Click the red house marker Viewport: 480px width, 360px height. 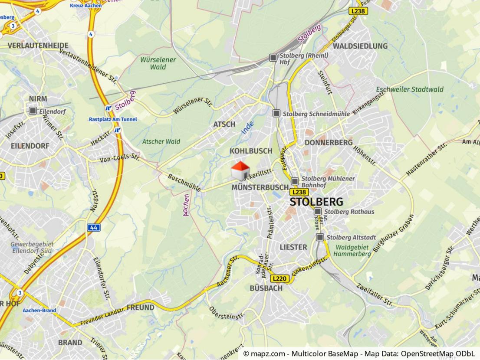tap(240, 171)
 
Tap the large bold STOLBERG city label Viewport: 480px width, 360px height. tap(316, 202)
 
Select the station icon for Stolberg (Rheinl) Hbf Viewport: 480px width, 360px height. tap(273, 57)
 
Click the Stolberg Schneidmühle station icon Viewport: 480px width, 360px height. tap(276, 113)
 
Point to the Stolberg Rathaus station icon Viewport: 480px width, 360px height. tap(318, 211)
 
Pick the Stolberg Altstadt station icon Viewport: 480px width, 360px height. tap(320, 237)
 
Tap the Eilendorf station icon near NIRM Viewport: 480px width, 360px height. tap(33, 111)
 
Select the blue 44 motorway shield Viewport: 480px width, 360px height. tap(94, 227)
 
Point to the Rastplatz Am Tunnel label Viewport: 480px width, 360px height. tap(113, 119)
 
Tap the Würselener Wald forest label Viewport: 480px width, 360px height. tap(158, 63)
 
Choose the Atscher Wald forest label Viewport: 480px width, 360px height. tap(161, 141)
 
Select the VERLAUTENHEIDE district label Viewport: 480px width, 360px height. tap(38, 46)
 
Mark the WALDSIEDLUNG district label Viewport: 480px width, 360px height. tap(360, 46)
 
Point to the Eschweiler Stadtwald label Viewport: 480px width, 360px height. tap(410, 89)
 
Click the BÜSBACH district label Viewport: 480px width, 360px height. tap(266, 288)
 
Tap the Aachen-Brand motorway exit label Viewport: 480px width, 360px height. tap(40, 311)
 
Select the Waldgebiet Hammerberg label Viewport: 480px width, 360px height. tap(352, 251)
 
